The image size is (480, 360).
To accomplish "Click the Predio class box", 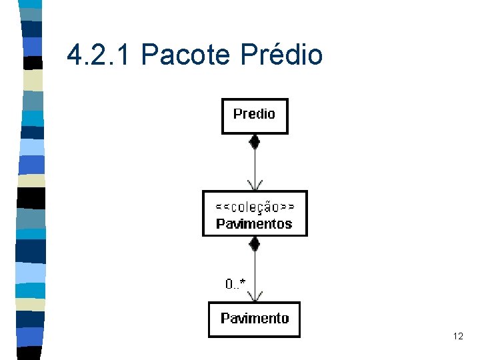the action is [255, 116].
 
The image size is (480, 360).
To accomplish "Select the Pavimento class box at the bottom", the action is [254, 319].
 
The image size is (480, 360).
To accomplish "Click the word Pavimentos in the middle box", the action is [254, 223].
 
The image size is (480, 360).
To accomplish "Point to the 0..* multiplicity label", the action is [235, 284].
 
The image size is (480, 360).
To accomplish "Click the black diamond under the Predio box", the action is [254, 141].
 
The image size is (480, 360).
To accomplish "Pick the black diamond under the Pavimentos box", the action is [254, 243].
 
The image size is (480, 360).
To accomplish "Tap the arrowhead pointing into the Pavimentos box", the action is [254, 185].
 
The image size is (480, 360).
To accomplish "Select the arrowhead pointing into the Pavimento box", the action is [254, 295].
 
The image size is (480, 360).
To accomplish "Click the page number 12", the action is [457, 337].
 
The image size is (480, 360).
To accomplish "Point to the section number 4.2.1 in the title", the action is [100, 55].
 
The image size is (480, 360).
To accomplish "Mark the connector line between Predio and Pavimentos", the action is [254, 163].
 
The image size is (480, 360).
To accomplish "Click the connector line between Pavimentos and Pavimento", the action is [254, 270].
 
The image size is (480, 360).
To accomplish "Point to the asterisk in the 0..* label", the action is [243, 283].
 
